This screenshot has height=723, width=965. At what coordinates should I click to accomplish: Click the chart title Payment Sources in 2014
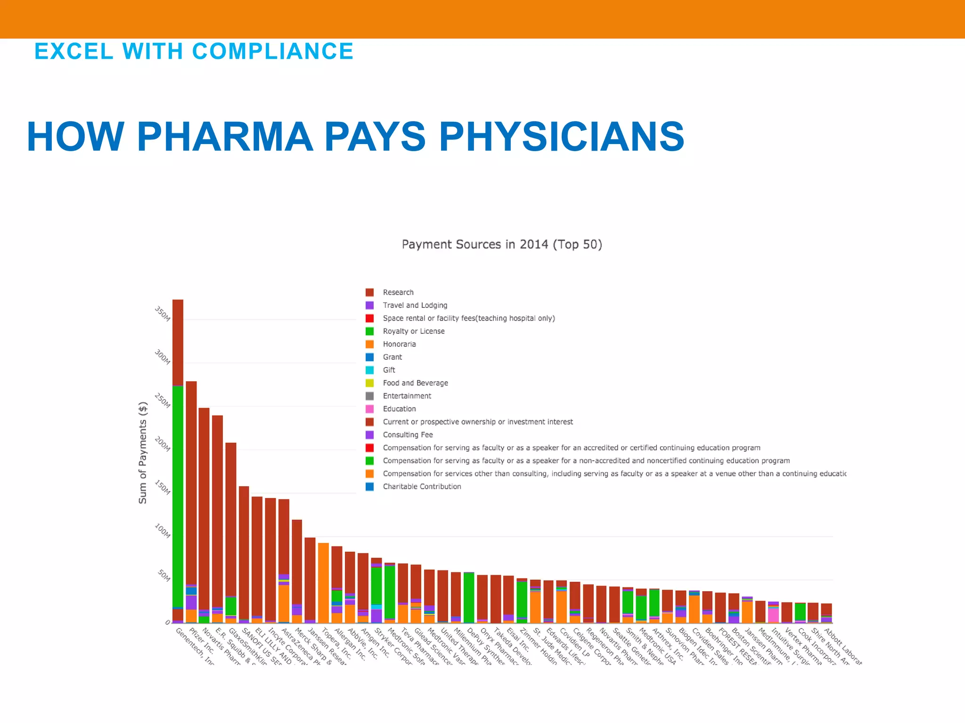tap(501, 245)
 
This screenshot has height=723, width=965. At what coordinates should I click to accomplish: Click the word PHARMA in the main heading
tap(225, 137)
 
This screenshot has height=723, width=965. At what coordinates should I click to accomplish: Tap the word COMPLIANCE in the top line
tap(273, 51)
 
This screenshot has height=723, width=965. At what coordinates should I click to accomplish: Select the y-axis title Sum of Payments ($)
tap(143, 453)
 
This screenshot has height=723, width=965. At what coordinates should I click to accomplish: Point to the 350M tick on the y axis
tap(162, 314)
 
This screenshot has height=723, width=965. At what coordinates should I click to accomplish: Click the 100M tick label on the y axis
tap(162, 531)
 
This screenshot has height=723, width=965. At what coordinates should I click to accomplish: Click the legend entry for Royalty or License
tap(413, 331)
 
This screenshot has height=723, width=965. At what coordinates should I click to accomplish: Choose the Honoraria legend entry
tap(399, 344)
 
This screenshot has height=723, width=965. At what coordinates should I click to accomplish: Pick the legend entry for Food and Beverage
tap(415, 383)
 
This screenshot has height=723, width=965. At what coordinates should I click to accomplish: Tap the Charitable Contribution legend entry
tap(422, 487)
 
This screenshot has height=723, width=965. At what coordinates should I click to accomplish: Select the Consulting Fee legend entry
tap(408, 435)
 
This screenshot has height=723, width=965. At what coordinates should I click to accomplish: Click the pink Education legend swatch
tap(370, 409)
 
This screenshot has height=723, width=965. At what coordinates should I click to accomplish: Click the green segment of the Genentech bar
tap(178, 494)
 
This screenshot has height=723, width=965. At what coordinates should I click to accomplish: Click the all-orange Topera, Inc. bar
tap(323, 584)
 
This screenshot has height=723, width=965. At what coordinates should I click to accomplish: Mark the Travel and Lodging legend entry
tap(415, 305)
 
